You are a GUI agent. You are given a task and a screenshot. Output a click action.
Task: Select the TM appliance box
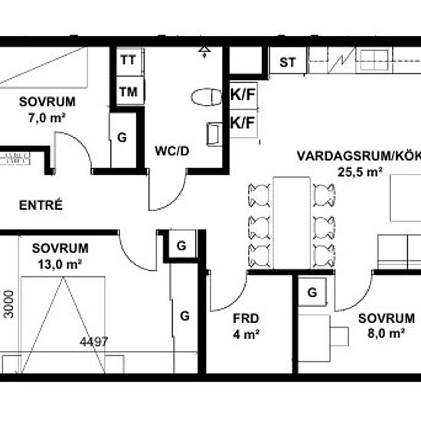point(129,91)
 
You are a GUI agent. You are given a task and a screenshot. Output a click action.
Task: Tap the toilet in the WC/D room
point(207,97)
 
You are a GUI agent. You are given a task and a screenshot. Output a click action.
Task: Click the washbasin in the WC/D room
point(214,134)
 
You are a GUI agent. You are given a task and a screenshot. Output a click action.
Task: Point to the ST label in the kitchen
point(288,62)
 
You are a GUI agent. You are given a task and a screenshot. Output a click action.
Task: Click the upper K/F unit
point(243,95)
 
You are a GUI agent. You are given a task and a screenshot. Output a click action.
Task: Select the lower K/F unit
point(243,123)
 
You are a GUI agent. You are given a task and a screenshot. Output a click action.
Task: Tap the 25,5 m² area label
point(360,172)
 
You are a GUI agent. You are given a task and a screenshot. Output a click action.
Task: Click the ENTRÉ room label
point(41,205)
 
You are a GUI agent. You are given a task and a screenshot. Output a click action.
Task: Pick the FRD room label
point(246,318)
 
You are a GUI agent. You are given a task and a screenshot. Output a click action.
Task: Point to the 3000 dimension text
point(9,304)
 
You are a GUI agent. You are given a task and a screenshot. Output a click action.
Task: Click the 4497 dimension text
point(93,341)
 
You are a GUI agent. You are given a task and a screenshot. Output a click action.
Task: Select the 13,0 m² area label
point(60,265)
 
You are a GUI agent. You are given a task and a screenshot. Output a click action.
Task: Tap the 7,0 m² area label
point(47,118)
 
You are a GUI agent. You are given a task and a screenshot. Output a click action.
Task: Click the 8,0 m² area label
point(386,334)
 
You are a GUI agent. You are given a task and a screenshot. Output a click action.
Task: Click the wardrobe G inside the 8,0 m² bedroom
point(312,292)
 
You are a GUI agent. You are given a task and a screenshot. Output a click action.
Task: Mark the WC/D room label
point(172,151)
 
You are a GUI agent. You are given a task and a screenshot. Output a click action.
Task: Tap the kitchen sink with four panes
point(374,60)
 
